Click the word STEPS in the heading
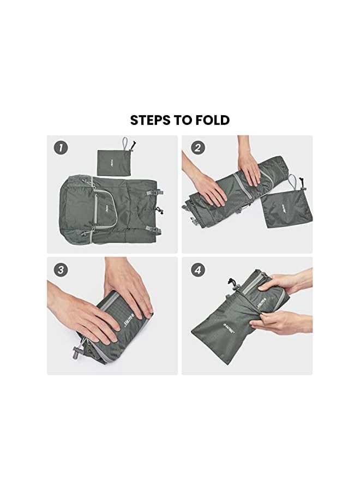150,120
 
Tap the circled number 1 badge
61,148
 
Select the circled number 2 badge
199,148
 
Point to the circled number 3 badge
61,270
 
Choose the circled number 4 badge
199,270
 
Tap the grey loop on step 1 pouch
126,143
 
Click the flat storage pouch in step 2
281,207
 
